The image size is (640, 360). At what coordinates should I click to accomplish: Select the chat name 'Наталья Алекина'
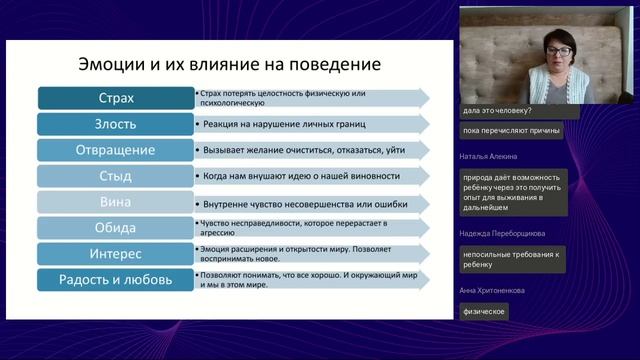click(x=490, y=157)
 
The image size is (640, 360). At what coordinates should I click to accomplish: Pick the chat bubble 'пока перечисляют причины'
click(x=510, y=130)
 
